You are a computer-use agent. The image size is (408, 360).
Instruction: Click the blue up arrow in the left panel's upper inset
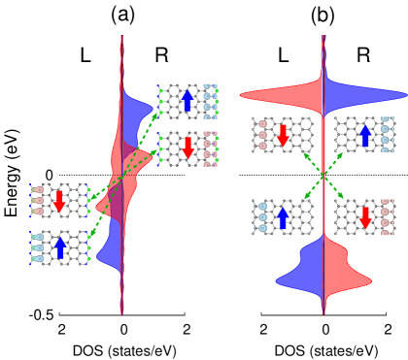(187, 100)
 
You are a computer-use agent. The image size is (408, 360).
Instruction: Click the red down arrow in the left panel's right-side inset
(187, 147)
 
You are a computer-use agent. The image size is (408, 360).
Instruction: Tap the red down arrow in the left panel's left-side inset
(59, 201)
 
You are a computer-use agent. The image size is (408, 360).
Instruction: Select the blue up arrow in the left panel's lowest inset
(60, 247)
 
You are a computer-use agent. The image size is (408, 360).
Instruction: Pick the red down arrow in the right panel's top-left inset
(283, 135)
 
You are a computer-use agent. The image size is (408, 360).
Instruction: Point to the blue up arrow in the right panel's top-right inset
(365, 135)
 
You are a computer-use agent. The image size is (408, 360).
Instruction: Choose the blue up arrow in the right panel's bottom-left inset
(283, 217)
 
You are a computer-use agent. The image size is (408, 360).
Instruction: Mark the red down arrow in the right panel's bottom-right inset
(365, 217)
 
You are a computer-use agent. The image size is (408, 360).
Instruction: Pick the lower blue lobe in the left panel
(110, 247)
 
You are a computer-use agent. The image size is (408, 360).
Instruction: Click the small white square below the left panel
(53, 330)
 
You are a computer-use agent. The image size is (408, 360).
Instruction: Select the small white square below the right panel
(255, 331)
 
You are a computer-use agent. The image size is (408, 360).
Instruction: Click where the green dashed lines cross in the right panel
(323, 175)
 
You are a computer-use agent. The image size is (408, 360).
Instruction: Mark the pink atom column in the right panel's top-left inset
(262, 135)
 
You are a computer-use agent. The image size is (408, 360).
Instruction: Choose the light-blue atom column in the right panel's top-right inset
(385, 135)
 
